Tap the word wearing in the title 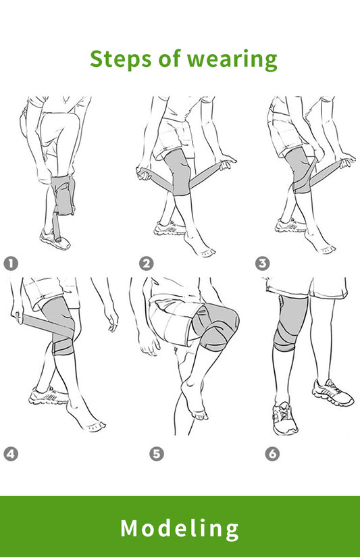coord(237,59)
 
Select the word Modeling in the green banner coord(180,528)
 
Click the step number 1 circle coord(11,264)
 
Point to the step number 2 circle coord(146,264)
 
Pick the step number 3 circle coord(262,264)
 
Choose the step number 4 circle coord(11,455)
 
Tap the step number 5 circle coord(157,455)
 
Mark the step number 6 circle coord(272,455)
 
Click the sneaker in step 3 coord(290,226)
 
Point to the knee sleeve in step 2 coord(178,172)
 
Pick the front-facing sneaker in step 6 coord(284,419)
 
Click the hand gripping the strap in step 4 coord(17,314)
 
